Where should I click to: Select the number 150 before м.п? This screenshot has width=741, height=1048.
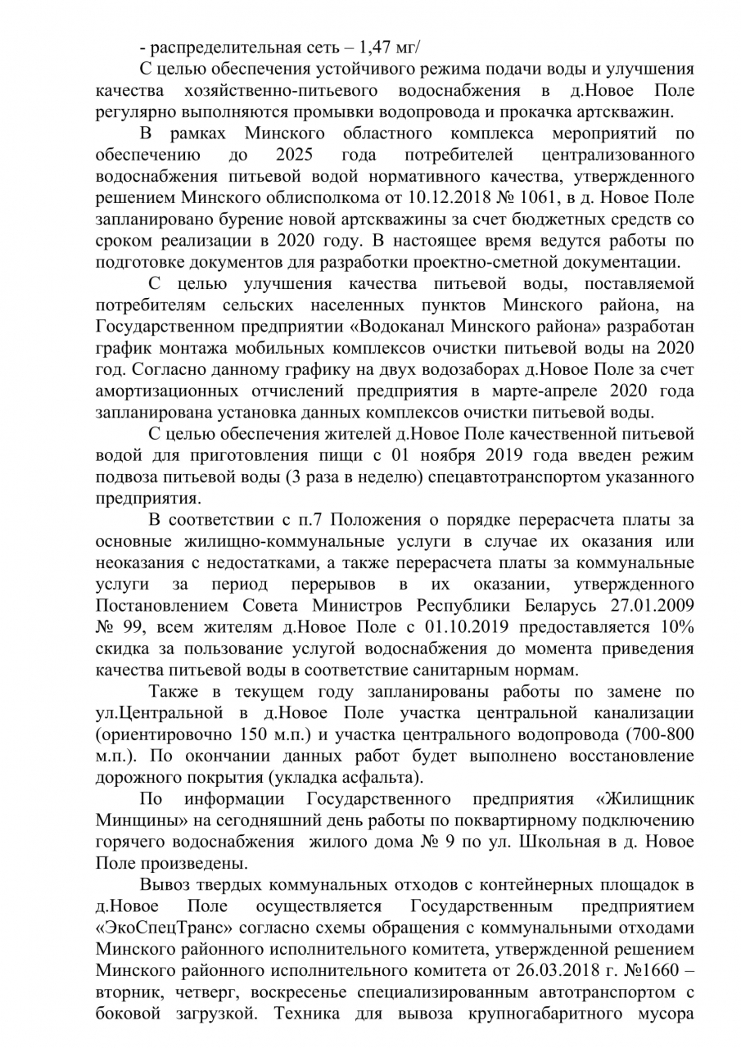(260, 733)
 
